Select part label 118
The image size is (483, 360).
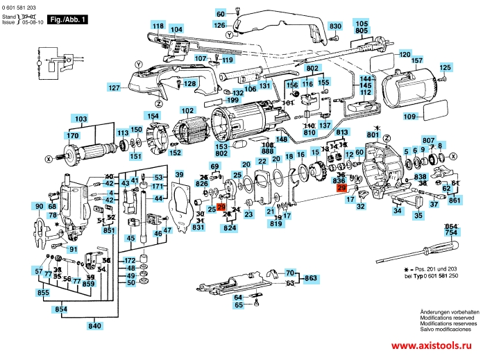[158, 26]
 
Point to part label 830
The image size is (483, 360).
[336, 26]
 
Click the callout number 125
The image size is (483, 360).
[445, 67]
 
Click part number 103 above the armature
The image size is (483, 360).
[82, 119]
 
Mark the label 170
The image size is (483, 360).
[73, 135]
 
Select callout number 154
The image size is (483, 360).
[152, 115]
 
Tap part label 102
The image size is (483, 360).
[187, 110]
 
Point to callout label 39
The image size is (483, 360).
[179, 174]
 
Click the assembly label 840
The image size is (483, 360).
[94, 326]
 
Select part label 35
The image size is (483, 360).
[418, 216]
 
